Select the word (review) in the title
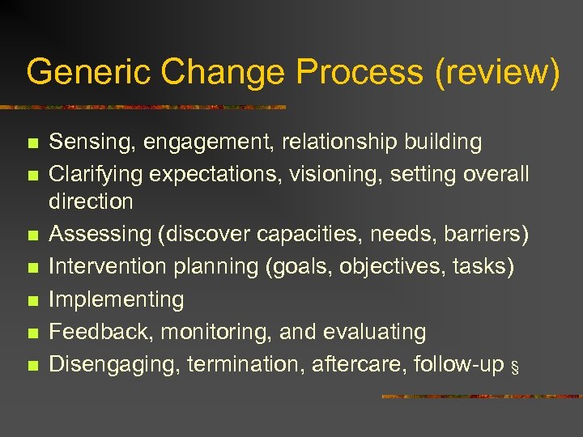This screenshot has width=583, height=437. pos(498,72)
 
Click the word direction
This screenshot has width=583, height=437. pos(91,201)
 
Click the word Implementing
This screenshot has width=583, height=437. pos(117,299)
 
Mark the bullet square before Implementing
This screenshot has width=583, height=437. pos(32,301)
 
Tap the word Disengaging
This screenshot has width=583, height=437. pos(114,364)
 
